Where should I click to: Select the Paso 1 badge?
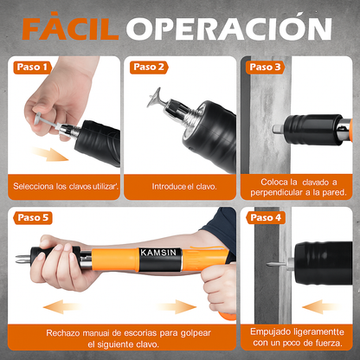(32, 67)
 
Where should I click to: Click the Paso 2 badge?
(149, 67)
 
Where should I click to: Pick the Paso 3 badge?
(264, 67)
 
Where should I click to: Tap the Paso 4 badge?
(264, 216)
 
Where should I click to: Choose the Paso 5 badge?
(32, 216)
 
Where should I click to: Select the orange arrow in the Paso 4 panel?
(325, 305)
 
